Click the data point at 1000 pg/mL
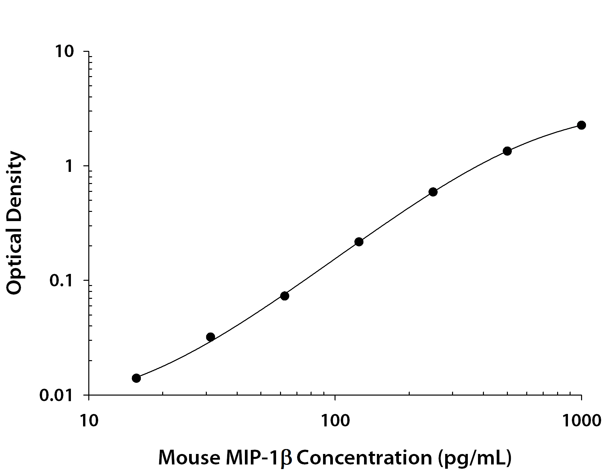tap(581, 125)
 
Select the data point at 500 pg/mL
tap(507, 151)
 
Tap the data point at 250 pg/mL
tap(433, 192)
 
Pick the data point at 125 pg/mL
tap(359, 242)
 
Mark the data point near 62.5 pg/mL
tap(285, 296)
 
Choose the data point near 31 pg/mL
tap(210, 337)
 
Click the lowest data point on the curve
tap(136, 378)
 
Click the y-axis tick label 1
tap(69, 167)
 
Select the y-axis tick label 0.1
tap(61, 281)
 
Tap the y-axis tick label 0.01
tap(56, 396)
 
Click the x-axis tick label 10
tap(89, 421)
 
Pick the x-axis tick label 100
tap(335, 421)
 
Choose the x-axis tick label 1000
tap(581, 421)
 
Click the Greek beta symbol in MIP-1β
tap(287, 458)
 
